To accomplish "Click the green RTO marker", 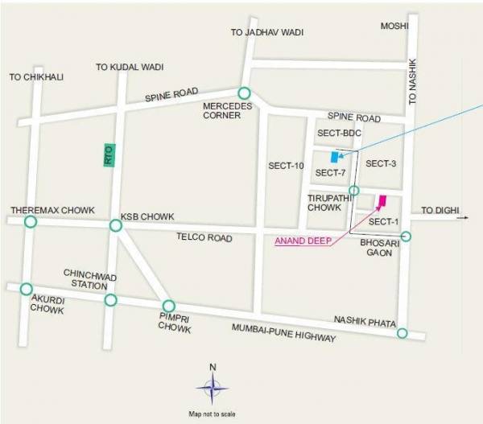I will (109, 154).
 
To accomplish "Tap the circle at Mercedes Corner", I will (244, 93).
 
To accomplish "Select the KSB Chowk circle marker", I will (116, 226).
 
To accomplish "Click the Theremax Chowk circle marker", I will (31, 222).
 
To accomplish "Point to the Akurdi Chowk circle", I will (27, 289).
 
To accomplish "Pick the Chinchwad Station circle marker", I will (110, 300).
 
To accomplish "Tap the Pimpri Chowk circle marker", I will (168, 306).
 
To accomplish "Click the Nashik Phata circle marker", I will (402, 333).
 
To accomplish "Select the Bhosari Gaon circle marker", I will (406, 237).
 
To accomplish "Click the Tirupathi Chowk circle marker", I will (353, 190).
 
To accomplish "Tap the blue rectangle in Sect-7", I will (334, 157).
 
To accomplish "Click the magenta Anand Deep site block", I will (382, 201).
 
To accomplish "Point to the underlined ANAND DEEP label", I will (303, 240).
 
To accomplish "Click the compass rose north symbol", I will (213, 389).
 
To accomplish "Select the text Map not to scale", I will (213, 414).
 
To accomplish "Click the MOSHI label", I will (395, 27).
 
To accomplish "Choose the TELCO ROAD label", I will (205, 238).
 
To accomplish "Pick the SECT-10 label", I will (286, 166).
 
